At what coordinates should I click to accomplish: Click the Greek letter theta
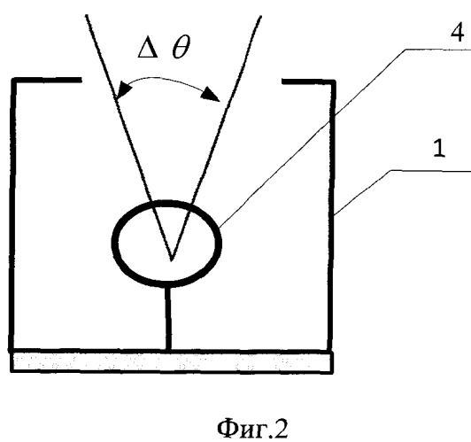click(181, 47)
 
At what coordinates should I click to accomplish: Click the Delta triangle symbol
click(148, 49)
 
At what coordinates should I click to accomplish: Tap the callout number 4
click(457, 33)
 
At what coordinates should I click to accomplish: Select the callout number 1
click(439, 149)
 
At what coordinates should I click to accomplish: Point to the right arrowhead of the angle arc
click(212, 93)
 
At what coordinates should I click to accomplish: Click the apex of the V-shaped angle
click(172, 260)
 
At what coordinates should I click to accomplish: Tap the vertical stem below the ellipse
click(168, 318)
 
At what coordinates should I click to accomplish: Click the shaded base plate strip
click(172, 362)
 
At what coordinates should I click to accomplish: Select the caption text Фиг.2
click(252, 429)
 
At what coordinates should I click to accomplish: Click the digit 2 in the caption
click(281, 428)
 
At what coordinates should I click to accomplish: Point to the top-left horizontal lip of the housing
click(47, 80)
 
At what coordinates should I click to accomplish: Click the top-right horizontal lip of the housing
click(308, 81)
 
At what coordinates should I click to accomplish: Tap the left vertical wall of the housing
click(12, 214)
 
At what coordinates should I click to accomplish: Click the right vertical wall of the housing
click(332, 216)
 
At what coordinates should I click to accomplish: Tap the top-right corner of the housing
click(334, 81)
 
